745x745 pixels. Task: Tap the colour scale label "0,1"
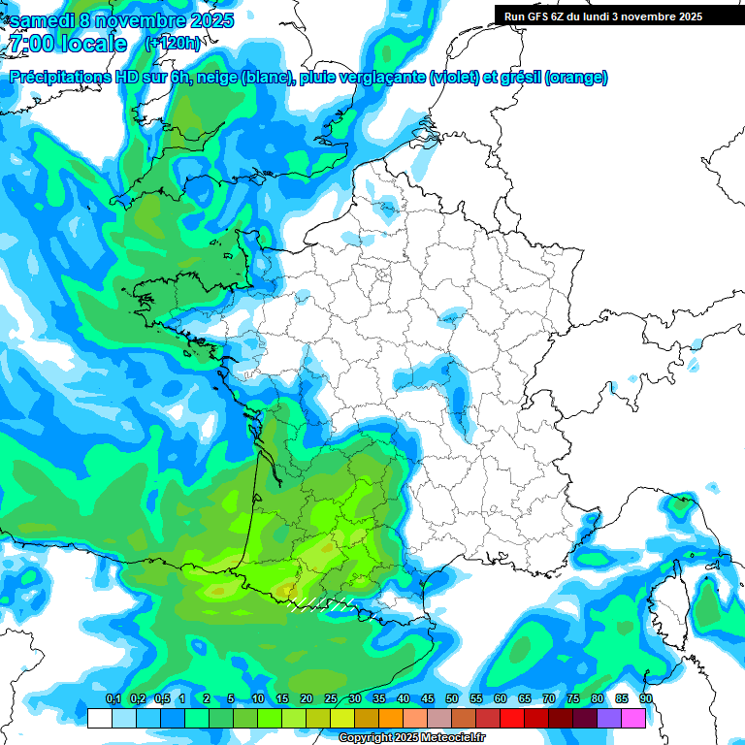click(113, 698)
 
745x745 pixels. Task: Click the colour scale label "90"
click(646, 698)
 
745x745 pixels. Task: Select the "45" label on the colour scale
click(428, 698)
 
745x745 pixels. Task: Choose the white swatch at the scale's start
click(99, 718)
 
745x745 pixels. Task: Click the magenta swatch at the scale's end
click(633, 718)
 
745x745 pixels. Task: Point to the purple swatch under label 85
click(609, 718)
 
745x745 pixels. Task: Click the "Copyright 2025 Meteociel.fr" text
click(410, 737)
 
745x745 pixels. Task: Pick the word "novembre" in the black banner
click(647, 16)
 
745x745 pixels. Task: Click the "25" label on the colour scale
click(331, 698)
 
